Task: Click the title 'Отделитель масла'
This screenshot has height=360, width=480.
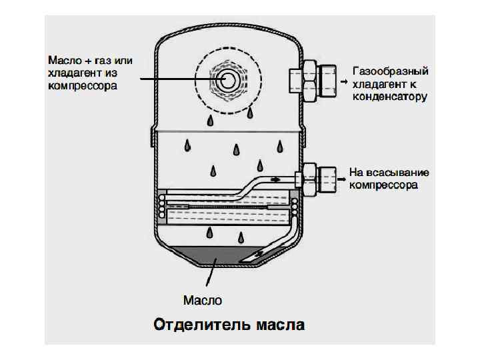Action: point(229,325)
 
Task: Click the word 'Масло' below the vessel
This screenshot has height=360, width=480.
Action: point(202,300)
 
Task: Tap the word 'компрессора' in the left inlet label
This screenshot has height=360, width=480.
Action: point(82,86)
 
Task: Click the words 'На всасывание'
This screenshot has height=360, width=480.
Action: point(389,172)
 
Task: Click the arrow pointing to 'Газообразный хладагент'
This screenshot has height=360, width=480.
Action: point(343,81)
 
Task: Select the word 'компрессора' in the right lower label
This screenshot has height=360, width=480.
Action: point(383,185)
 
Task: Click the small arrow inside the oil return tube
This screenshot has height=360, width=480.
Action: point(275,179)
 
